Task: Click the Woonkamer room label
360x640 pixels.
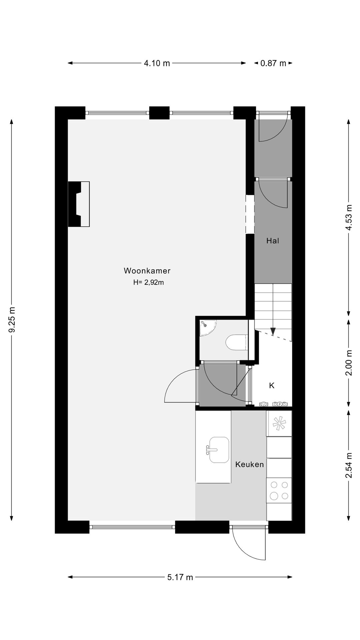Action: click(x=147, y=271)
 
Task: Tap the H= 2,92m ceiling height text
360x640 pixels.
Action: click(x=148, y=282)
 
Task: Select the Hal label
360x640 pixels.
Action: click(x=272, y=241)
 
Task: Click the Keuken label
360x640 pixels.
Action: click(x=249, y=464)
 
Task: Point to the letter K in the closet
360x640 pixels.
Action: click(x=272, y=386)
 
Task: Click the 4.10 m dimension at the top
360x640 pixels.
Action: click(x=157, y=63)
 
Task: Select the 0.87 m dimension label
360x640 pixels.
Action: click(x=273, y=63)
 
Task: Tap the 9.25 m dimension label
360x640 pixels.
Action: click(x=12, y=320)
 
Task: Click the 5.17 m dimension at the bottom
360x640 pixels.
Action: click(x=180, y=577)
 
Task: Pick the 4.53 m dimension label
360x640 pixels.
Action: click(x=349, y=217)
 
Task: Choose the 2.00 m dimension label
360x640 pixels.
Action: click(x=349, y=363)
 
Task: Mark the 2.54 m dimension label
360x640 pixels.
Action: click(x=349, y=465)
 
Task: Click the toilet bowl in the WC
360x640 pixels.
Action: click(x=236, y=342)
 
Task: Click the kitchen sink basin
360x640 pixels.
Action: click(x=219, y=450)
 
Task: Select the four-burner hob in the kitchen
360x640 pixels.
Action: click(x=279, y=490)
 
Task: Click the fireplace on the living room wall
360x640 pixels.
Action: click(x=79, y=204)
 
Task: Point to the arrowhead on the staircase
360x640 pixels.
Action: click(x=273, y=331)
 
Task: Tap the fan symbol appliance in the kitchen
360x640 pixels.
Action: click(x=279, y=423)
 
